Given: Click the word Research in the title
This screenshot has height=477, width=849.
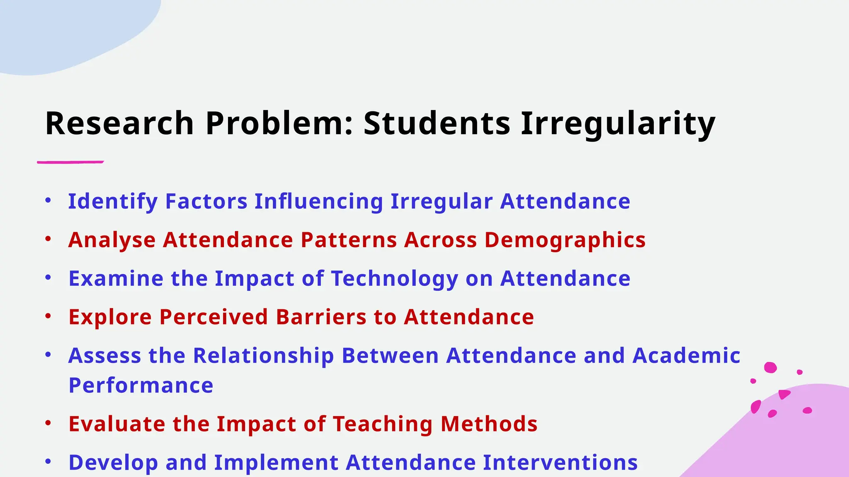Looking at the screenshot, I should click(119, 123).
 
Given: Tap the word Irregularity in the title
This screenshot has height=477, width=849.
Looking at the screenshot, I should click(618, 123).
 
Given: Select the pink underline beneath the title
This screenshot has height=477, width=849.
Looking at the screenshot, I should click(70, 162).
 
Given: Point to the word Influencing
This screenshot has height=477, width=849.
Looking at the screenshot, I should click(318, 202).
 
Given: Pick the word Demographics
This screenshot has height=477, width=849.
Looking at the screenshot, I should click(565, 240).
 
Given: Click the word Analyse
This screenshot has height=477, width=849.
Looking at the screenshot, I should click(112, 240).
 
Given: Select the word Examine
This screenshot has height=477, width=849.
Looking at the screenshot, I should click(116, 279).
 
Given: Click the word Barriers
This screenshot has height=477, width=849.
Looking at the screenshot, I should click(321, 317).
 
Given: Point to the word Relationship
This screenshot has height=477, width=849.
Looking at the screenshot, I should click(263, 356).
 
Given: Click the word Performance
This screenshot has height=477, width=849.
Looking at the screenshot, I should click(141, 385).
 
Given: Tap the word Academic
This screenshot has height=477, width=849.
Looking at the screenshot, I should click(686, 356).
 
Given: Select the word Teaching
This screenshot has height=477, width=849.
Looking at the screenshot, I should click(383, 424).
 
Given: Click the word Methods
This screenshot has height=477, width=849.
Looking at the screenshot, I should click(489, 424).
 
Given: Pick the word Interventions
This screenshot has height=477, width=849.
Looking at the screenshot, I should click(560, 463).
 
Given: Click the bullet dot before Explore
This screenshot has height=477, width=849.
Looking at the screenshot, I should click(49, 316).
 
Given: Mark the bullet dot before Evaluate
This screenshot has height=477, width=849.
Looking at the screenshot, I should click(49, 423).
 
